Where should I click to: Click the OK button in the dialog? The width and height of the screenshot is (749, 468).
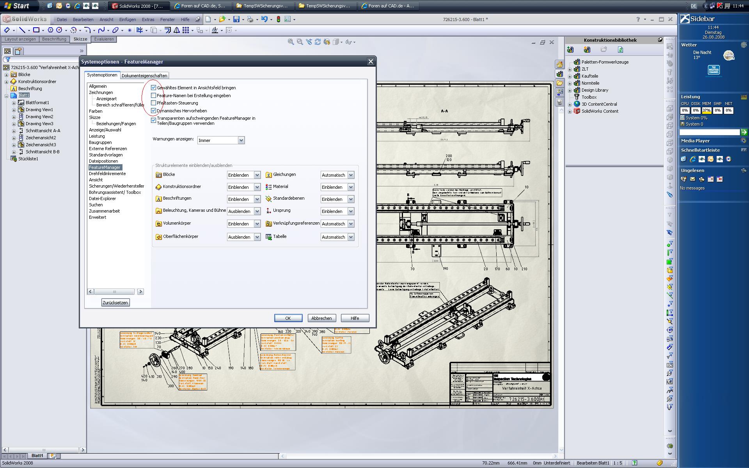point(288,318)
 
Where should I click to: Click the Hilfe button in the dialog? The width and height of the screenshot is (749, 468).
point(355,318)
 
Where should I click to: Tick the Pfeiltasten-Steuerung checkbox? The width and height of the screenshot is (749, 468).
point(154,103)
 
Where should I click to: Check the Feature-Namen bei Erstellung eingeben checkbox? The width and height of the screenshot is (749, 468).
point(154,96)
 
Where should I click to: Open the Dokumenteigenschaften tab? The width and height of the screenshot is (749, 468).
point(144,76)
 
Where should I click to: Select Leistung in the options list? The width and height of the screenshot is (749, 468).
point(97,136)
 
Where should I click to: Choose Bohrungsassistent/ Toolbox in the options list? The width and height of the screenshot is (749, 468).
point(115,192)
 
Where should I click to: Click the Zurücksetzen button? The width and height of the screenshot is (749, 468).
point(115,303)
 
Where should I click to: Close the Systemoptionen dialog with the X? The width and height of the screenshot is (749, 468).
point(371,62)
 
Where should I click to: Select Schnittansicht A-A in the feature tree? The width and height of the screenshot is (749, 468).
point(43,131)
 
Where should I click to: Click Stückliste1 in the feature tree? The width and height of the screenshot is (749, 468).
point(28,159)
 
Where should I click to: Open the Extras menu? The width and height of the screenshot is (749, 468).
point(148,19)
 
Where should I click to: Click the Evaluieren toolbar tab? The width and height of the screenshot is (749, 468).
point(104,39)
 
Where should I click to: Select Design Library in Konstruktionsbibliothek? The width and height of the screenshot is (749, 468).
point(595,90)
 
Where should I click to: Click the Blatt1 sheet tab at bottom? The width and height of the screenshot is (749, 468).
point(37,456)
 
